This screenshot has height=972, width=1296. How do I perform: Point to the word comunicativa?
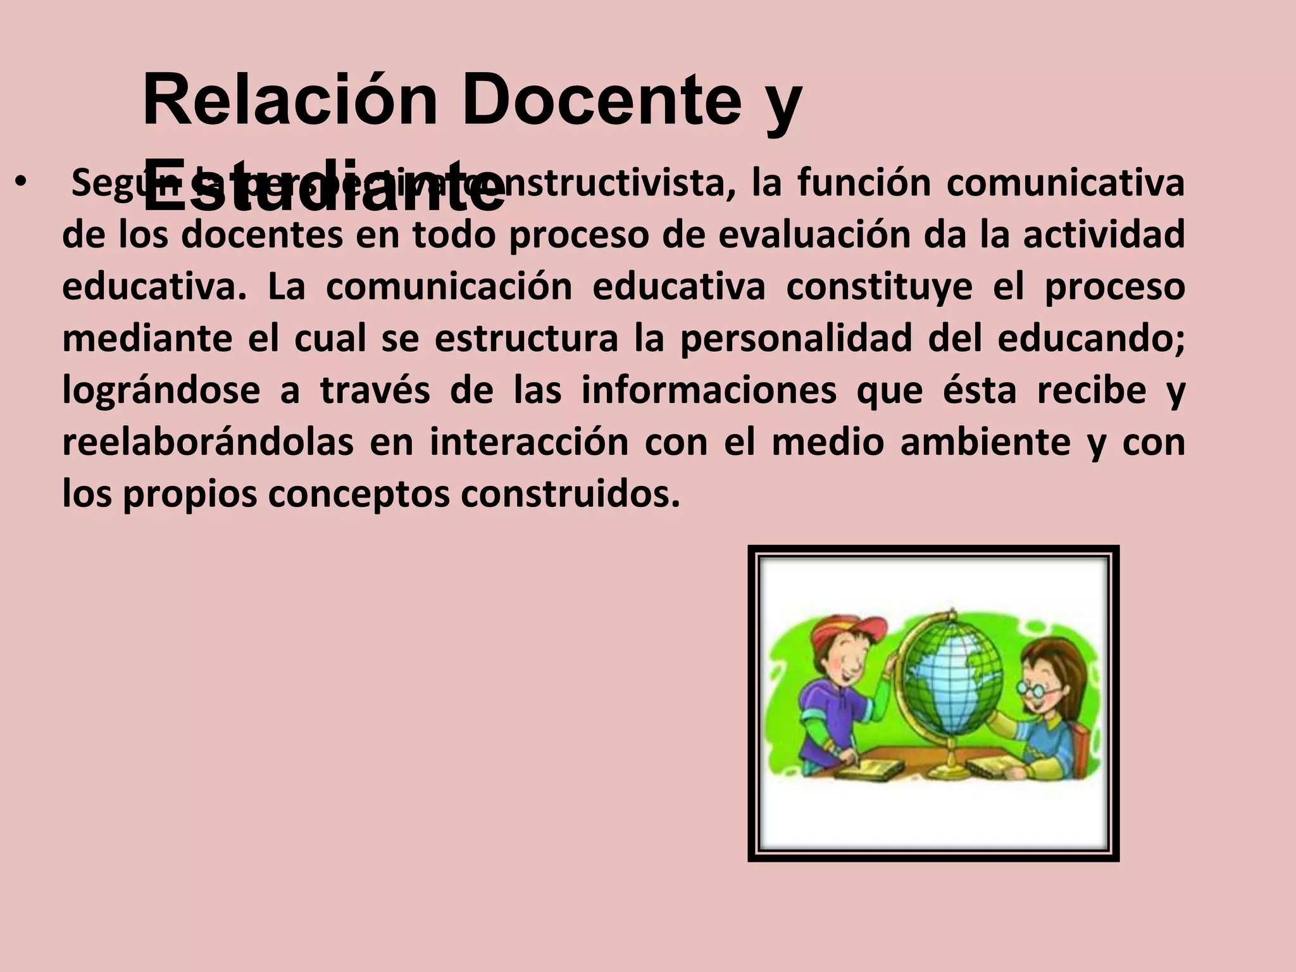[x=1065, y=183]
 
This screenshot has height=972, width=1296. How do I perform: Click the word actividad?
[x=1104, y=235]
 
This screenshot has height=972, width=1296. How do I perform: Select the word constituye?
[x=879, y=287]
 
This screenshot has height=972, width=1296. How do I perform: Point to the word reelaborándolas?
[x=208, y=442]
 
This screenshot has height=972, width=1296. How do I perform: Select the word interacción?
[x=529, y=442]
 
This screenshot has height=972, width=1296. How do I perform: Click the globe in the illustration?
[x=952, y=674]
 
